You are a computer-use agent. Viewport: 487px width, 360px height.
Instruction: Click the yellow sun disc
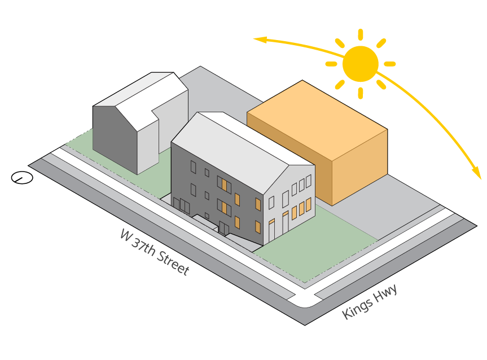point(360,64)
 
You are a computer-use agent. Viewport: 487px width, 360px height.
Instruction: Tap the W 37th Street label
point(154,252)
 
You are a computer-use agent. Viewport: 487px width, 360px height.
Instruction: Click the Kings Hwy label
point(370,301)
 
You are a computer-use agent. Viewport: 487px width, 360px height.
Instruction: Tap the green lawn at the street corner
point(316,248)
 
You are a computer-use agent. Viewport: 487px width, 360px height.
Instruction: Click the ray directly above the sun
point(360,34)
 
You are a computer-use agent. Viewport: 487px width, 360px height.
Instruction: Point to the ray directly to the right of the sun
point(389,64)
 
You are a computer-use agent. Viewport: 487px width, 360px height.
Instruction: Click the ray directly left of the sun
point(331,64)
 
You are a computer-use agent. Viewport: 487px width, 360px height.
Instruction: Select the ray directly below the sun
point(360,93)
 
